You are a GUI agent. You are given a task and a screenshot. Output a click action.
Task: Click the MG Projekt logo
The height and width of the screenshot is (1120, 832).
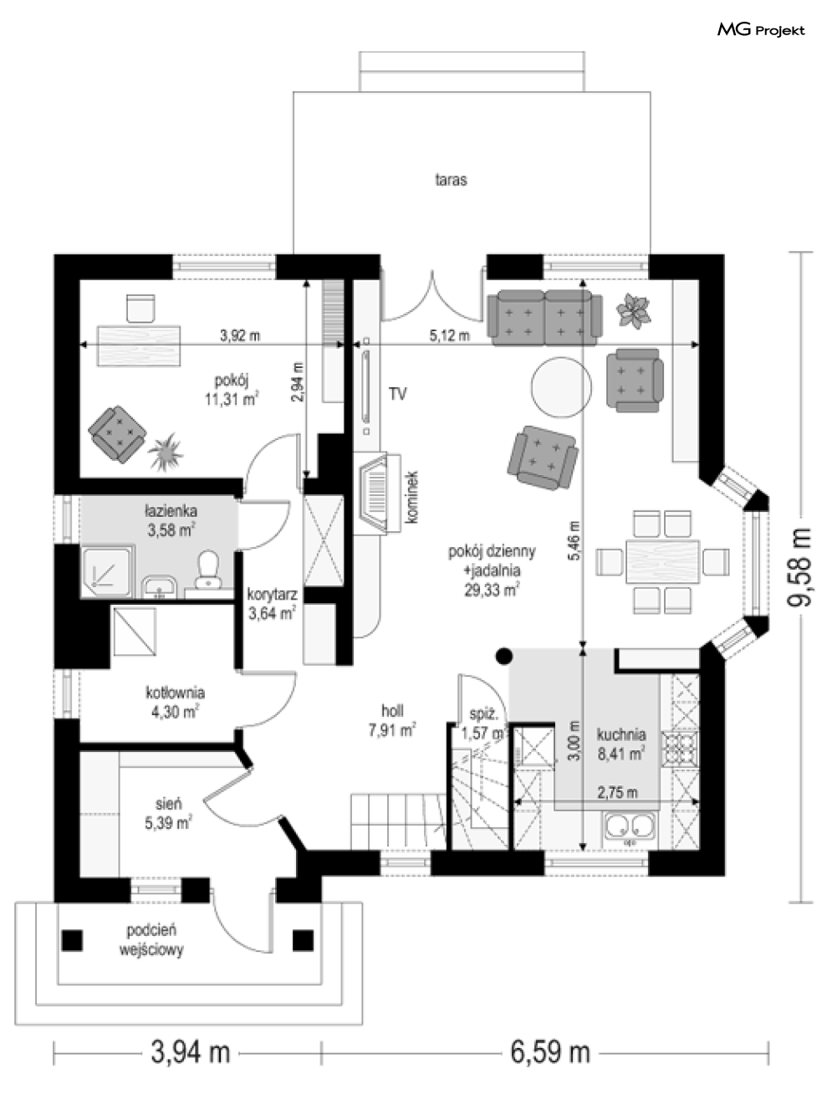pos(761,30)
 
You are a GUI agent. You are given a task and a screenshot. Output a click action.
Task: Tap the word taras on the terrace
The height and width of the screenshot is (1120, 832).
pos(451,180)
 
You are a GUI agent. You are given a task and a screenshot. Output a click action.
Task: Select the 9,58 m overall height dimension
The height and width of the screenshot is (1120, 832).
pos(799,567)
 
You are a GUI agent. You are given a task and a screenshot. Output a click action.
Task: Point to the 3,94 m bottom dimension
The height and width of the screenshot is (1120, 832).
pos(191,1053)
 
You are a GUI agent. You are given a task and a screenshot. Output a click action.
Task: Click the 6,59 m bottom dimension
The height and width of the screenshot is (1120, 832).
pos(549,1053)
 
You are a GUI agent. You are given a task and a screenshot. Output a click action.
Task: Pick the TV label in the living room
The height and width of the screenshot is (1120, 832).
pos(397,394)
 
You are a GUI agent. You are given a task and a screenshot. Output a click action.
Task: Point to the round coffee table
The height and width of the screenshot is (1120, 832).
pos(561,387)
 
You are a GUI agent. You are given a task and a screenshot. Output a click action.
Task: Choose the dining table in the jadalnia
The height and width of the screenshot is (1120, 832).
pos(662,562)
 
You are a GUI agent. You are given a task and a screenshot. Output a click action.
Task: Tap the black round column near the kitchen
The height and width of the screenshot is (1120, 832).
pos(504,657)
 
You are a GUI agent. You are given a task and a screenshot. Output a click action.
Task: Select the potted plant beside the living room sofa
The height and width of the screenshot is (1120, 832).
pos(633,311)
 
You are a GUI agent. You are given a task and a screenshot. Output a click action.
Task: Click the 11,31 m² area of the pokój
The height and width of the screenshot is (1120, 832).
pos(232,400)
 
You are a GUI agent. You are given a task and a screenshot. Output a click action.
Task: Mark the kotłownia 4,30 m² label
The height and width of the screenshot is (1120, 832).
pos(175,703)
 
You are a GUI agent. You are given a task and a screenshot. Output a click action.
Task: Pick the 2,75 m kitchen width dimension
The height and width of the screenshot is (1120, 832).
pos(617,793)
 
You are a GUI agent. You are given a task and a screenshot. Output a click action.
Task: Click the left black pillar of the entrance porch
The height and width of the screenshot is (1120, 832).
pos(72,940)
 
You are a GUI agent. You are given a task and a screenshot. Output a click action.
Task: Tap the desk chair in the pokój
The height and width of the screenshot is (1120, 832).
pos(140,309)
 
